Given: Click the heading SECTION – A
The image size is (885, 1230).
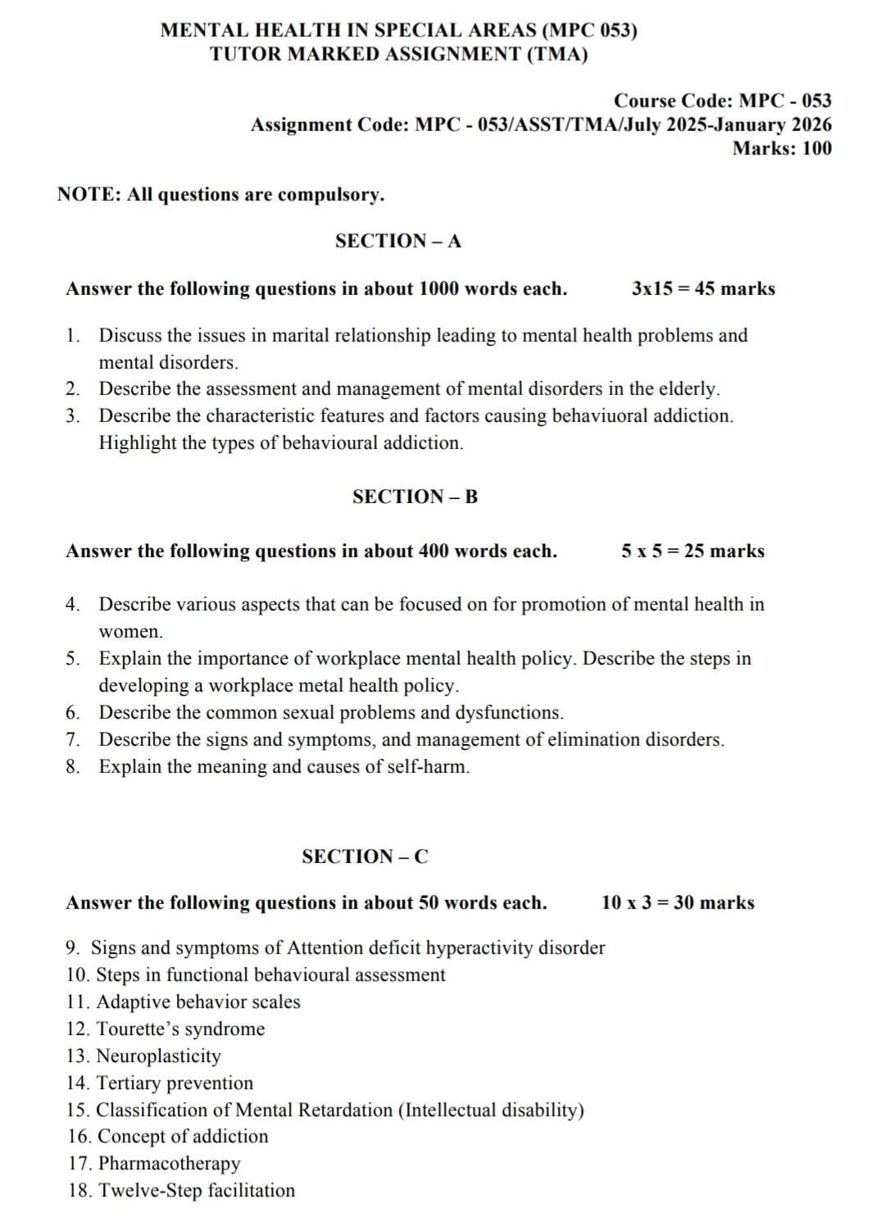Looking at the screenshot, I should tap(398, 241).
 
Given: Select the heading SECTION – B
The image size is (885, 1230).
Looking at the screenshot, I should tap(415, 497).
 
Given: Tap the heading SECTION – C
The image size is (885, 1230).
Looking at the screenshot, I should tap(365, 856).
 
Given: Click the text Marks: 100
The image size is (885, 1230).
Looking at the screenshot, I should tap(782, 148).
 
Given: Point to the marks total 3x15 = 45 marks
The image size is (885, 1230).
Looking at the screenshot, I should tap(703, 288).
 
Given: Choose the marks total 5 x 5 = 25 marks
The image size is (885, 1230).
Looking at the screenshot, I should tap(692, 551).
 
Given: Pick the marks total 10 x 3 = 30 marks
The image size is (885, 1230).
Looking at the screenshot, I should tap(678, 902).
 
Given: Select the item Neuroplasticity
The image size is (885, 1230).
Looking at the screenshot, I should tap(158, 1055).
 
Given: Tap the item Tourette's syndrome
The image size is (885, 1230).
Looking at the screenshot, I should tap(180, 1028).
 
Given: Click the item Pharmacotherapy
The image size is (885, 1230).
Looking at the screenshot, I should tap(169, 1163).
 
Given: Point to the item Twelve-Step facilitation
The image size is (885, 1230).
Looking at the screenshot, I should tap(196, 1190).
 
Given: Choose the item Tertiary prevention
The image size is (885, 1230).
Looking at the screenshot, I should tap(175, 1082).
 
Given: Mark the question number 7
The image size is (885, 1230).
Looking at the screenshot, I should tap(72, 740).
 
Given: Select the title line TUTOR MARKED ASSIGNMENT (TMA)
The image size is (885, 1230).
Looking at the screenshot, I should tap(398, 54).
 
